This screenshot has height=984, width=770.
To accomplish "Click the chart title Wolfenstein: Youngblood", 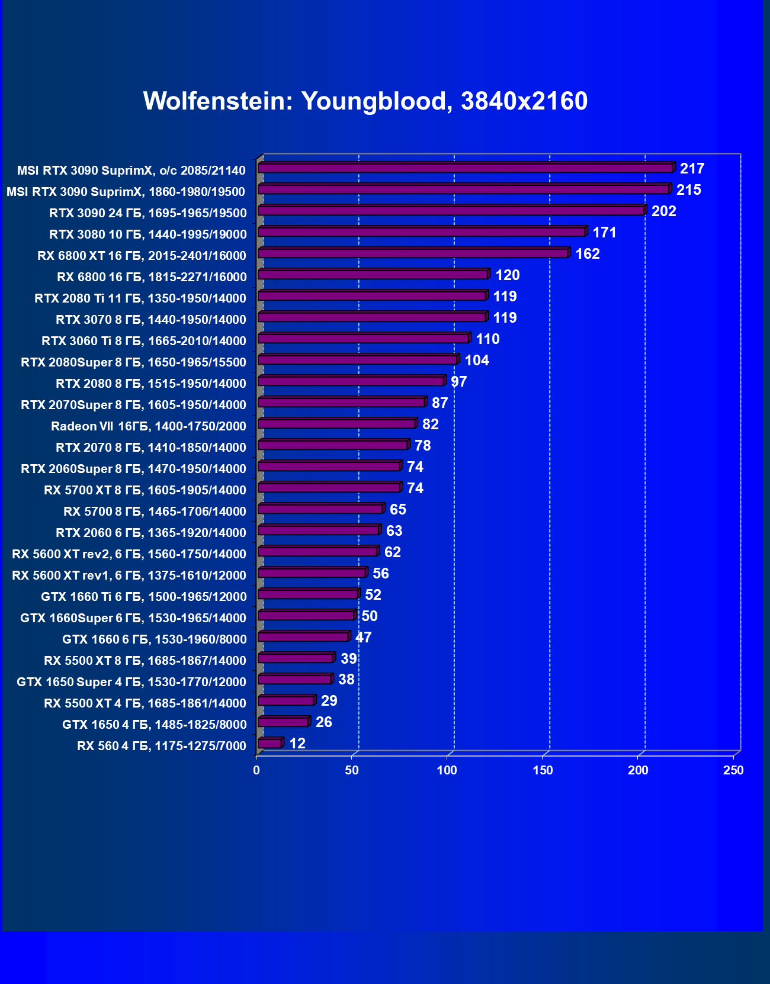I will coord(365,101).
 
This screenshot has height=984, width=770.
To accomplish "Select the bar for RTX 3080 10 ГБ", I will coord(422,232).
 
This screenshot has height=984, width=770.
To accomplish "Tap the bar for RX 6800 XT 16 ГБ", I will coord(413,253).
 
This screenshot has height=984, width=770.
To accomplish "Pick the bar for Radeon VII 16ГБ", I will coord(336,424).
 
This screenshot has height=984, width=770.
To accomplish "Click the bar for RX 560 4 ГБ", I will coord(269,744).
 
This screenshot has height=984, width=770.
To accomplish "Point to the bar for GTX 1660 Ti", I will coord(308,594).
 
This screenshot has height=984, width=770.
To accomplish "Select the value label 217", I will coord(692,169).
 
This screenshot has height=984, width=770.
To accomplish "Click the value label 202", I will coord(663,211).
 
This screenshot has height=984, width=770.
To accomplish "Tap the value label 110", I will coord(487,339).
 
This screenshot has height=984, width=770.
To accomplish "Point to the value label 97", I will coord(458,382).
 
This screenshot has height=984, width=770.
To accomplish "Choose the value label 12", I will coord(297,744).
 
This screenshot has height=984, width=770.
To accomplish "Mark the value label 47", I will coord(363,638).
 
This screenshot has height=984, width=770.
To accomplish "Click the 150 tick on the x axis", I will coord(543,770).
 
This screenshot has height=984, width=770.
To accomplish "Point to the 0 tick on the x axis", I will coord(256,770).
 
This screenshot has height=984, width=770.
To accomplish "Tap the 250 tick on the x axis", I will coord(733,770).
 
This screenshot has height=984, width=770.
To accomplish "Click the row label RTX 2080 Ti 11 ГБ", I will coord(140,298).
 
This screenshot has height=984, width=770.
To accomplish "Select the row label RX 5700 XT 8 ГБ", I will coord(145,490).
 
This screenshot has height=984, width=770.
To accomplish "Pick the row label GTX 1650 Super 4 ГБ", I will coord(131,682).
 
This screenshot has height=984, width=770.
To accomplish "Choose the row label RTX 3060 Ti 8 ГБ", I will coord(144,341).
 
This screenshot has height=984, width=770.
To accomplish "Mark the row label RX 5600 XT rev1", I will coord(129,575).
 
